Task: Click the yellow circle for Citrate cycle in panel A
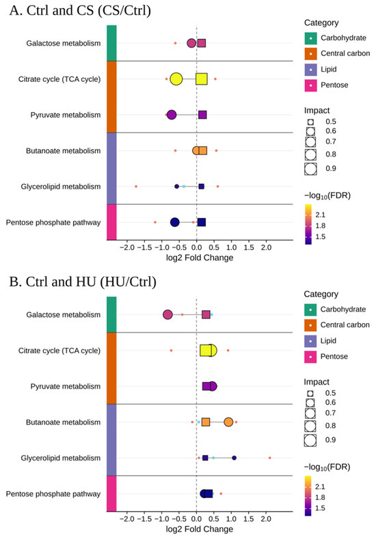click(x=176, y=79)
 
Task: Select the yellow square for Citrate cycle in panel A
click(x=202, y=79)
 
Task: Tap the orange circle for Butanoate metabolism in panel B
click(x=228, y=422)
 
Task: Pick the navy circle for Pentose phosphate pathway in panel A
click(x=175, y=223)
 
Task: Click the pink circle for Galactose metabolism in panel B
click(x=167, y=314)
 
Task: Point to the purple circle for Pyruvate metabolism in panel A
click(x=172, y=115)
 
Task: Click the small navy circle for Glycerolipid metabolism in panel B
click(x=234, y=458)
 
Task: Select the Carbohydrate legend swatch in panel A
click(x=310, y=38)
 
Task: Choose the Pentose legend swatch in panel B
click(x=310, y=357)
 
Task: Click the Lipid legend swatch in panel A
click(x=310, y=70)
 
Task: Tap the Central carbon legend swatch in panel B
click(x=310, y=325)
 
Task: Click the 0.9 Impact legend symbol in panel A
click(x=310, y=169)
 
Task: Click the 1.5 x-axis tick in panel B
click(x=248, y=519)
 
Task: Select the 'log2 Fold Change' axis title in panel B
click(x=200, y=529)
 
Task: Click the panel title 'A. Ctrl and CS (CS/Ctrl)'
click(x=80, y=11)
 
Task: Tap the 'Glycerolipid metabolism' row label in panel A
click(x=61, y=186)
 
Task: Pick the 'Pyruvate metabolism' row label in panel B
click(x=66, y=387)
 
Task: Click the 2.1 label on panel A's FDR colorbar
click(x=320, y=215)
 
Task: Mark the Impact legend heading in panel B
click(x=317, y=382)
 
